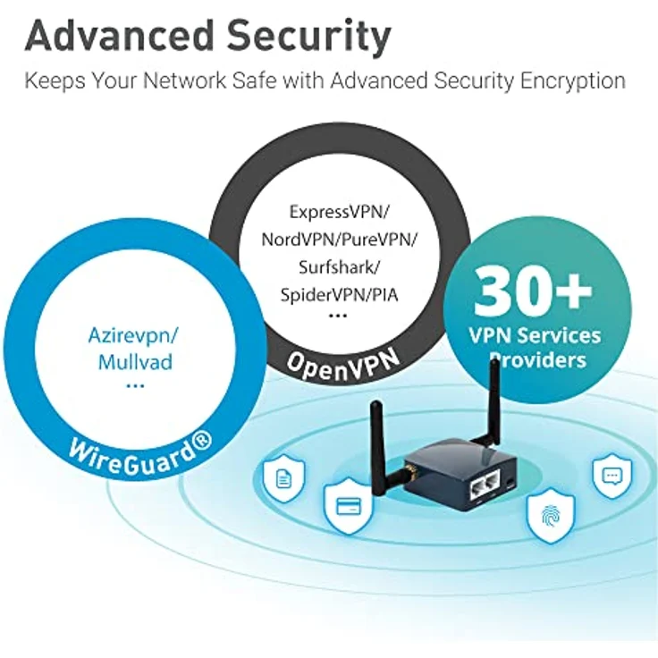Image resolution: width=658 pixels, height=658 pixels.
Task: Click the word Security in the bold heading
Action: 309,37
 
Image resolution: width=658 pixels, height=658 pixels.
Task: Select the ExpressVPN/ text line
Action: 339,213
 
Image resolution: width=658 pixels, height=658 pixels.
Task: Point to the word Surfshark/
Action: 339,267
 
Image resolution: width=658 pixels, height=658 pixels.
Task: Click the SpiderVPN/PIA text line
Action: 339,295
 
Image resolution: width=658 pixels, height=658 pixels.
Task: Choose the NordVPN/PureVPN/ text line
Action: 339,240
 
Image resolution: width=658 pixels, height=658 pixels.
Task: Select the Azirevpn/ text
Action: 133,336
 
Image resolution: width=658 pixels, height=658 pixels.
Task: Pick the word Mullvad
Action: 135,362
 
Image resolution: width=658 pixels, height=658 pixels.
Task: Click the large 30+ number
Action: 533,290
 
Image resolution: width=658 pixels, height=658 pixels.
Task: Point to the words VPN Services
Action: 535,336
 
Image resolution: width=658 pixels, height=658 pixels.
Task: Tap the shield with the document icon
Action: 283,479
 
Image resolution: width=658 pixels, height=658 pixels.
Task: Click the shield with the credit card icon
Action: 349,507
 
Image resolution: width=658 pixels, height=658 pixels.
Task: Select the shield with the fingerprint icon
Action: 551,516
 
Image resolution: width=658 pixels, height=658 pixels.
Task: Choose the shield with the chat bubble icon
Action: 612,477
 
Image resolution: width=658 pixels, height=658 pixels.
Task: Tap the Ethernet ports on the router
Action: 486,486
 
